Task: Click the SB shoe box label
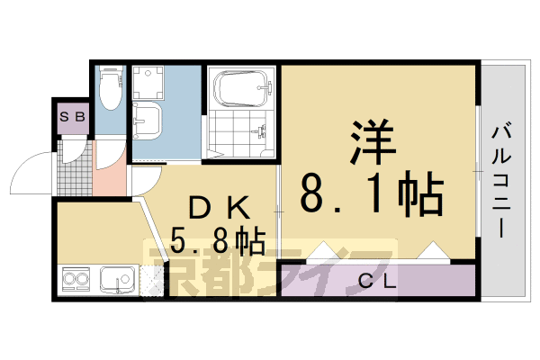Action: [x=73, y=116]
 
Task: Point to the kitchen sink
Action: [x=116, y=281]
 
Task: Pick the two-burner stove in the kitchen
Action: [x=76, y=281]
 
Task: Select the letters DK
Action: [x=216, y=206]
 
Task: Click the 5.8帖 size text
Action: [x=217, y=240]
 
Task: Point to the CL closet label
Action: [x=378, y=281]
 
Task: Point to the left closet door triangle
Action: [x=322, y=251]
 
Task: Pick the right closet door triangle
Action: [x=432, y=251]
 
